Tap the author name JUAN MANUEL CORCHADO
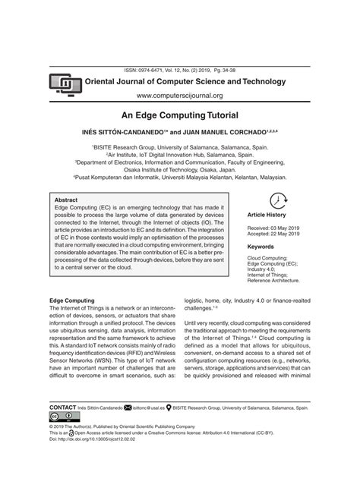click(x=228, y=131)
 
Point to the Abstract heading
click(x=66, y=200)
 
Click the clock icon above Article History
click(x=278, y=200)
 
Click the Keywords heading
click(x=261, y=247)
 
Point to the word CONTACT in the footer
click(x=62, y=407)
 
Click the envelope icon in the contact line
click(x=128, y=407)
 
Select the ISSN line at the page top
click(x=180, y=68)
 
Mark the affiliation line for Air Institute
click(x=179, y=153)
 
